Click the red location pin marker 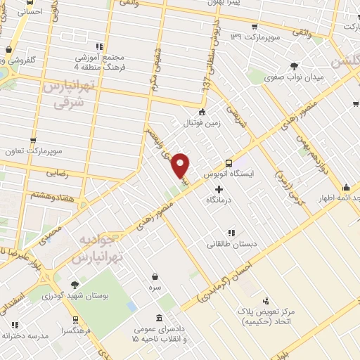click(181, 165)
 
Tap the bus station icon click(229, 162)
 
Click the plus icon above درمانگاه click(219, 188)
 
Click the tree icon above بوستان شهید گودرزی click(75, 285)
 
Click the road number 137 click(206, 84)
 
